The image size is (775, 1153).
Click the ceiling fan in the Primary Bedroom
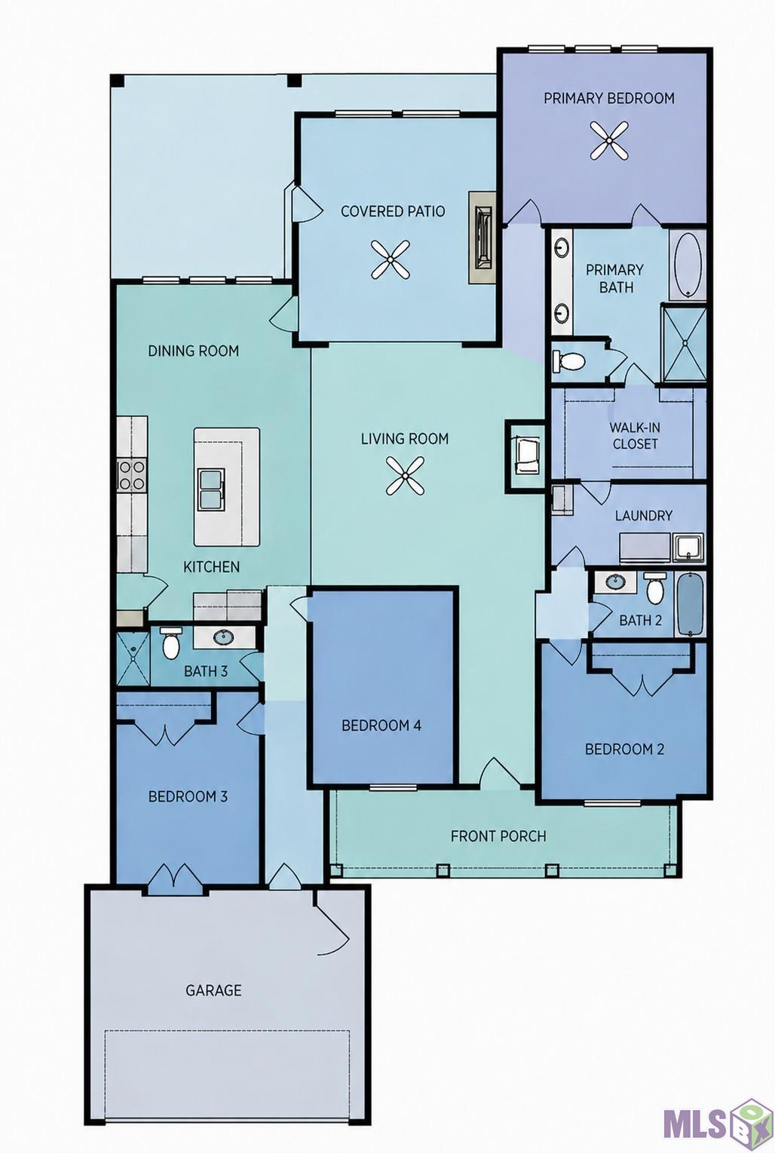pos(609,140)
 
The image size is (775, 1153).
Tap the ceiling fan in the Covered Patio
pos(391,259)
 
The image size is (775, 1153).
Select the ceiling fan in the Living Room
pos(406,475)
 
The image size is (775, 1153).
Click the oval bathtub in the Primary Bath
pos(687,265)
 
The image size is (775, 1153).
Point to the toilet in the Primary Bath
pos(568,360)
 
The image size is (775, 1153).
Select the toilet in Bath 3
pos(170,643)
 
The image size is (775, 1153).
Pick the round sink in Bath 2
pos(614,583)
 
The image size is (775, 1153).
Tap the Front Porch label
pos(498,836)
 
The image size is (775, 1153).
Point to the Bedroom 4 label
pos(381,725)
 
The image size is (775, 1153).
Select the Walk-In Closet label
pos(635,435)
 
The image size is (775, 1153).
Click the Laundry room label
pos(643,515)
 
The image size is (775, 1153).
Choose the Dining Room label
pos(194,351)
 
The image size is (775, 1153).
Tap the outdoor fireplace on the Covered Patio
pos(482,238)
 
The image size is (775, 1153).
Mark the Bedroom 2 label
pos(624,749)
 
